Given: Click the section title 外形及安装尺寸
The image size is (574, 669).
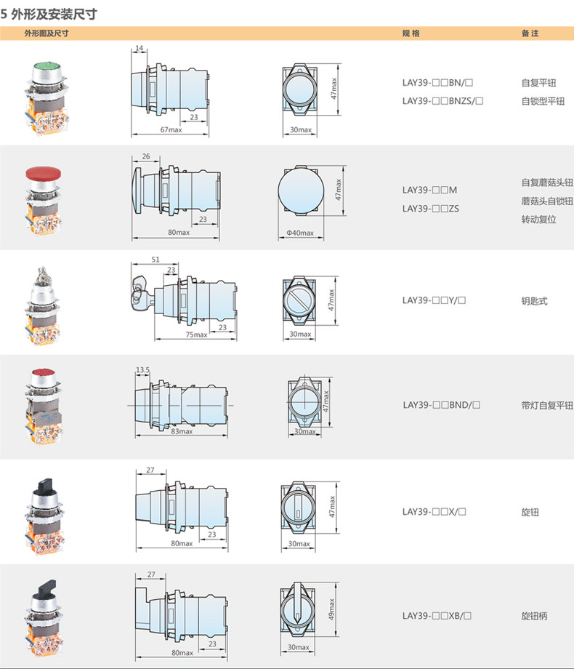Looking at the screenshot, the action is [54, 13].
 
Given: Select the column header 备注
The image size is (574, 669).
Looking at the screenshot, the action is [530, 33].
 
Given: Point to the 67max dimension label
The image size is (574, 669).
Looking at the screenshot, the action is [170, 130].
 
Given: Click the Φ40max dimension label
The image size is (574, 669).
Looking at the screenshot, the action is [300, 233].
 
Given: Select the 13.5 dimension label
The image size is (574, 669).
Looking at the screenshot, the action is [142, 370].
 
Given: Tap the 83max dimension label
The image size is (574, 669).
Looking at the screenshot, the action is [181, 431].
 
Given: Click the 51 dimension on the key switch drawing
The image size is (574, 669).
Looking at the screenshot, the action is [155, 259].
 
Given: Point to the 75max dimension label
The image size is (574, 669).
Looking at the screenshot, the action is [196, 334].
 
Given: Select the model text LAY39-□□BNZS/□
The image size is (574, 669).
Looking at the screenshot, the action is [443, 101].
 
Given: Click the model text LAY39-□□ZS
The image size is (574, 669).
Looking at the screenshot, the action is [430, 208].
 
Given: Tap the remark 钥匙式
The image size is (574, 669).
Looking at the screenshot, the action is [534, 300].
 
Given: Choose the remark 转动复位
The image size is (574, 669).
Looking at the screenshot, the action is [538, 219].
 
